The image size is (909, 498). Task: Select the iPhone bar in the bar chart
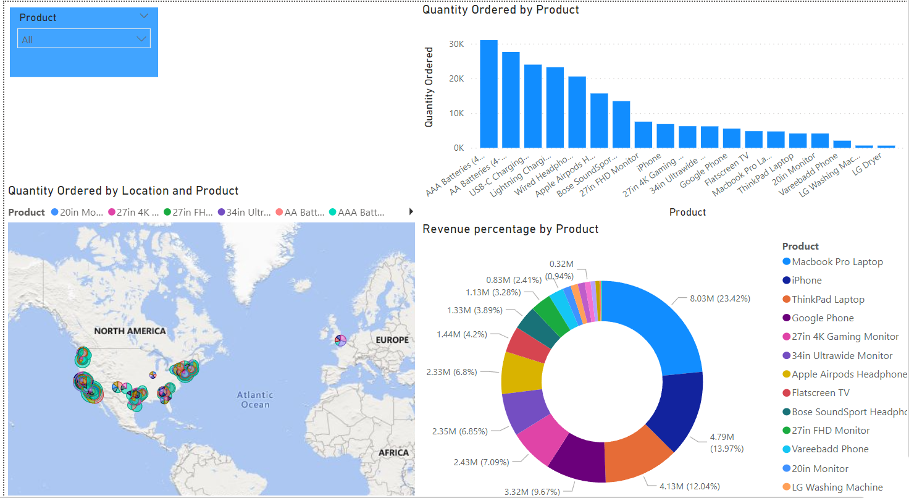pos(665,136)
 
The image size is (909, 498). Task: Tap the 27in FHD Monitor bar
pos(643,135)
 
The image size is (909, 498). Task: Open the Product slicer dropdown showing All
pos(84,40)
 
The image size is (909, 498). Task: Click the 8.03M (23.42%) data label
pos(719,298)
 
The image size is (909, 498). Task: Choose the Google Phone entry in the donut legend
pos(823,318)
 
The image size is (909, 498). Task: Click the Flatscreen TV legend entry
pos(820,393)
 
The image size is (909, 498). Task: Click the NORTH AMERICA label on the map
pos(130,331)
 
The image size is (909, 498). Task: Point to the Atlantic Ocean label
pos(255,400)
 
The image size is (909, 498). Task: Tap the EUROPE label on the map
pos(392,340)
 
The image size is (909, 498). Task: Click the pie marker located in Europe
pos(340,340)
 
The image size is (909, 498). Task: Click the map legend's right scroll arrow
pos(411,212)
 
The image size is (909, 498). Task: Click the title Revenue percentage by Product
pos(510,229)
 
